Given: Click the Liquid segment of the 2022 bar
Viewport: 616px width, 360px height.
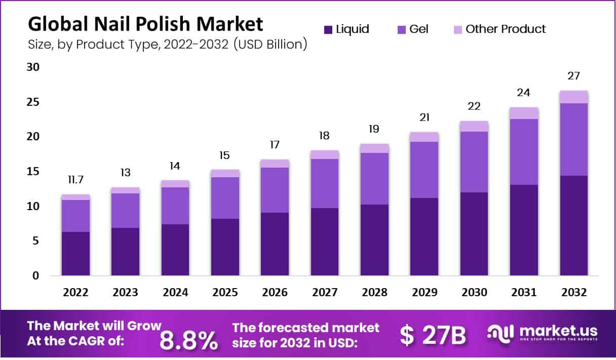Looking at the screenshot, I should pos(75,254).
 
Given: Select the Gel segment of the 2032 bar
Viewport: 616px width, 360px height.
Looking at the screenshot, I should pos(574,139).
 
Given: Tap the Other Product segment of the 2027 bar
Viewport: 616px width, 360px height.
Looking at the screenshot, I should pos(325,154).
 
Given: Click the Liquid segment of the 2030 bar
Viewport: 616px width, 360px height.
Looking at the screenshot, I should pos(474,234).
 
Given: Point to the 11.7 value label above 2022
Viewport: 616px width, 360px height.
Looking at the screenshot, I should pos(76,180).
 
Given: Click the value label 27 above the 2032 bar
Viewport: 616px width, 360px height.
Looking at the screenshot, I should pos(574,76).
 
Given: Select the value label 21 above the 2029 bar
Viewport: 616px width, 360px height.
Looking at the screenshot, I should pos(424,117).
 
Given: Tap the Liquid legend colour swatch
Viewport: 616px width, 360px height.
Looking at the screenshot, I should pos(328,29).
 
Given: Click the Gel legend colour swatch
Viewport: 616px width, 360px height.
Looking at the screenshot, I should pos(401,29).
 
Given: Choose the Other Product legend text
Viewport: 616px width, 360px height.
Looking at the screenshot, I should pos(506,29).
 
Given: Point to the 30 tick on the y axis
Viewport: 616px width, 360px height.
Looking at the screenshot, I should pos(33,67).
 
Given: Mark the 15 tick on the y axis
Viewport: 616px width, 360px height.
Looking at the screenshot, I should pos(33,172).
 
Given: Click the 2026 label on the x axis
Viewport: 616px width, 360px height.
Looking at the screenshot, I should pos(275,293).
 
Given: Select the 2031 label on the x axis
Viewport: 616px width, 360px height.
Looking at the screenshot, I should pos(524,293).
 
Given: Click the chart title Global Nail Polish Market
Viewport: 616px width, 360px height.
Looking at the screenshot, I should pos(146,24).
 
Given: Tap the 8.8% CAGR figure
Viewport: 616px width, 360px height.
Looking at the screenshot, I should pos(189,341).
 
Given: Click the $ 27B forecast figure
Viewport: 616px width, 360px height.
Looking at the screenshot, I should pos(433,335).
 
